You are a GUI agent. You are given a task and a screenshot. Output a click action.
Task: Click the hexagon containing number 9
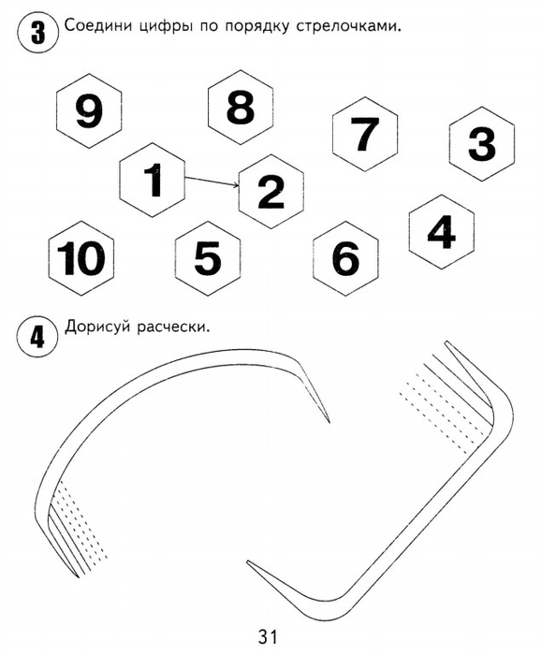coord(89,111)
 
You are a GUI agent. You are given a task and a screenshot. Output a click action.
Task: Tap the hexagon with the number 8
coord(241,108)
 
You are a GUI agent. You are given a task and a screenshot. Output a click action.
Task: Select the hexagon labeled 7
coord(365,134)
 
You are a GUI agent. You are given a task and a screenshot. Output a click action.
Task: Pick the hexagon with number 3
coord(482,144)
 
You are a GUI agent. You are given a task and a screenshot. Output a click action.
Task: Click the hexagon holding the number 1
coord(153,180)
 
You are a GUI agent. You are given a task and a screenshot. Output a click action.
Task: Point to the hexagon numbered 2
coord(271,192)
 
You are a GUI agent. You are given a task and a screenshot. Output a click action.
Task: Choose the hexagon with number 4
coord(442,232)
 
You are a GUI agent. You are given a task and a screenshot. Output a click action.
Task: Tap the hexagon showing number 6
coord(345,258)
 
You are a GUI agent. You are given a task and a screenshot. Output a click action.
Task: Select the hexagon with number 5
coord(208,258)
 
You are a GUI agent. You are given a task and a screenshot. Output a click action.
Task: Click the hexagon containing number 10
coord(81,258)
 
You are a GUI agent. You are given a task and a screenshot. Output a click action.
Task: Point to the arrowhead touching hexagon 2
coord(237,185)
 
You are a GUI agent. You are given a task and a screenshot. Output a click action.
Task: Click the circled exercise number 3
coord(38,33)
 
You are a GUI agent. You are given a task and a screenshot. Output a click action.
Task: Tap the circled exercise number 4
coord(37,336)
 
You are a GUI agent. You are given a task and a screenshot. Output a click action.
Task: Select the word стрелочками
coord(348,27)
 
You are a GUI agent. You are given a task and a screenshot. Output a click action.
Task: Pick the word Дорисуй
coord(97,327)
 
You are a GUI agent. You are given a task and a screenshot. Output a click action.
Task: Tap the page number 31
coord(268,636)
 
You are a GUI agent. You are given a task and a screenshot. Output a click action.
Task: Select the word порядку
coord(257,28)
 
